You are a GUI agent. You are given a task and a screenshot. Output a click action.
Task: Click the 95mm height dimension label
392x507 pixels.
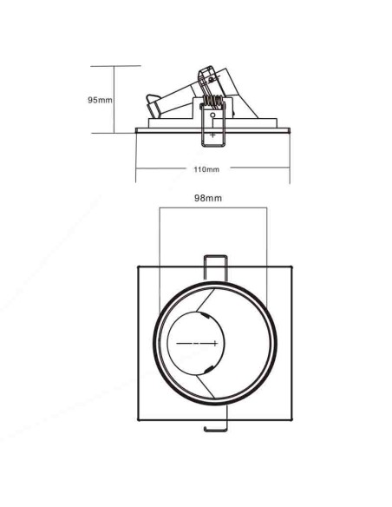100,100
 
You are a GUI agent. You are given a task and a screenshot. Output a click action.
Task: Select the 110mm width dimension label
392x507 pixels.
206,169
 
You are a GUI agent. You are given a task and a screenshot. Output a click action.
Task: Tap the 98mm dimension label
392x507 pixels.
208,198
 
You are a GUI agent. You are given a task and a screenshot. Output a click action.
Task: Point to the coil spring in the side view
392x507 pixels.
212,102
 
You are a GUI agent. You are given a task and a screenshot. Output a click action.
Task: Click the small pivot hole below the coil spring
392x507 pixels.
212,115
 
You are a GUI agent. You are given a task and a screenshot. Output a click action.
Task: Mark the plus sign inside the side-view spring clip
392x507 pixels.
212,135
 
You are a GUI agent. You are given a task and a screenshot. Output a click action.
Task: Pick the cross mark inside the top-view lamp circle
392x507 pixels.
215,343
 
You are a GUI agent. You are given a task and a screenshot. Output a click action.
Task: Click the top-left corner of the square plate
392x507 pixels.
139,267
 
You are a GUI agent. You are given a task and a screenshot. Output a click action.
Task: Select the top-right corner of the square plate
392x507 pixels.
292,267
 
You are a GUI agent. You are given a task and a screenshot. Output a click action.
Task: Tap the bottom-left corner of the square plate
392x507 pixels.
139,420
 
